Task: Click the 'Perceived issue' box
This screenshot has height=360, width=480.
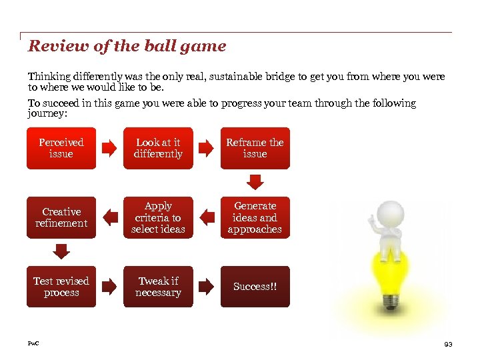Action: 61,148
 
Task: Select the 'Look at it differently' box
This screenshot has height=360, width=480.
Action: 158,148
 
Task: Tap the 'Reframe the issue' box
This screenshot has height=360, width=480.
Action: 255,148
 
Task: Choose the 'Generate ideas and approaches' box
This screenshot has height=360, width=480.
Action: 255,217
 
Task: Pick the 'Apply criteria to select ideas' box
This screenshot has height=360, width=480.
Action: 158,217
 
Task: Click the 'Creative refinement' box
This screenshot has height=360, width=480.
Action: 61,217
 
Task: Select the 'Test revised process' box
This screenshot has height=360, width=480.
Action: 61,287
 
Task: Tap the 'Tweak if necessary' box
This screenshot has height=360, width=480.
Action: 158,287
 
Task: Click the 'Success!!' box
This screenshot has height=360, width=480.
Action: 255,287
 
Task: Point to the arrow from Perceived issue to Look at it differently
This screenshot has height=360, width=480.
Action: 108,149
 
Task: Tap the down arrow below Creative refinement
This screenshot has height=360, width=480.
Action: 61,251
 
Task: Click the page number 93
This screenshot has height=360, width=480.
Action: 448,344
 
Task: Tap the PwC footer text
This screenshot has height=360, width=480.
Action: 33,343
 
